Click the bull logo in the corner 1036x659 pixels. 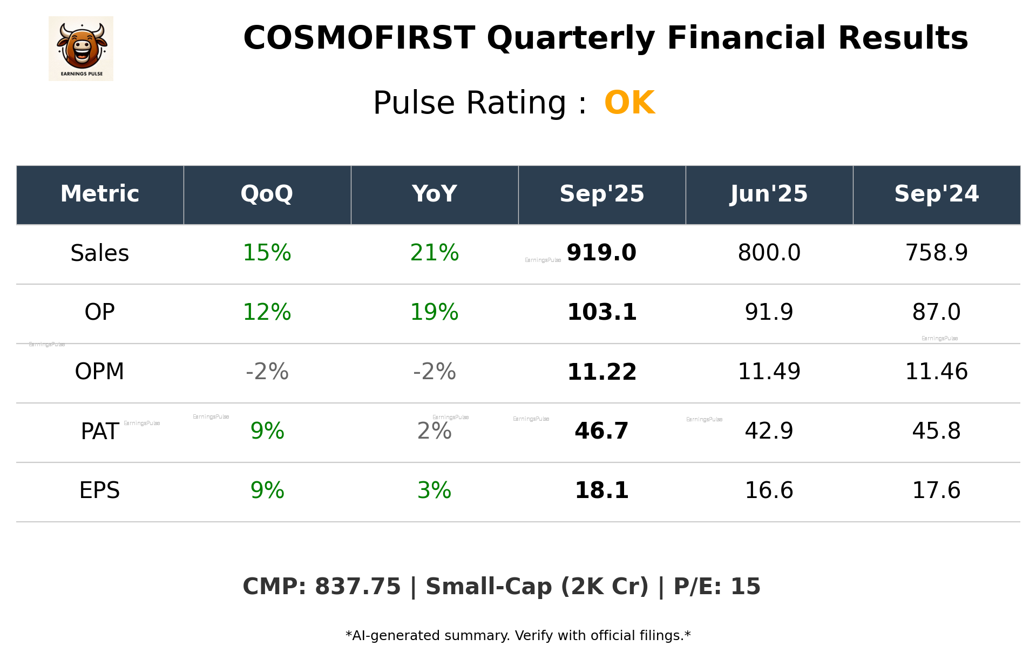click(x=81, y=49)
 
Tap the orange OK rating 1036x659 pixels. click(x=629, y=103)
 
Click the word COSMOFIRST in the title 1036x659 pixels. click(x=359, y=38)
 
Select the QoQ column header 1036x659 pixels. click(x=267, y=194)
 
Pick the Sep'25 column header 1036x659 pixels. click(x=601, y=194)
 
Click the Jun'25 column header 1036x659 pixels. click(x=769, y=194)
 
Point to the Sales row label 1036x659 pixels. click(x=100, y=253)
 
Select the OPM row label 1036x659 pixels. click(x=100, y=372)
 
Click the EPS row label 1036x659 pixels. click(x=100, y=490)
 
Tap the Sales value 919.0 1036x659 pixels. click(x=601, y=253)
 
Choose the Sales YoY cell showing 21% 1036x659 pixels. click(x=434, y=253)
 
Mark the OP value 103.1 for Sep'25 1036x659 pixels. click(x=601, y=312)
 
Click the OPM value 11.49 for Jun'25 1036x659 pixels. click(x=769, y=372)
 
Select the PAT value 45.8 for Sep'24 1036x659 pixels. click(x=936, y=431)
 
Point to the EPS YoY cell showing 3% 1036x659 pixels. click(x=434, y=490)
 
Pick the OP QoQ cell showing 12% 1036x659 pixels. click(x=267, y=312)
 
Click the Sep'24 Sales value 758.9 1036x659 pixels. click(x=936, y=253)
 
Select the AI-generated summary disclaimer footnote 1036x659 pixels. click(x=518, y=636)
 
